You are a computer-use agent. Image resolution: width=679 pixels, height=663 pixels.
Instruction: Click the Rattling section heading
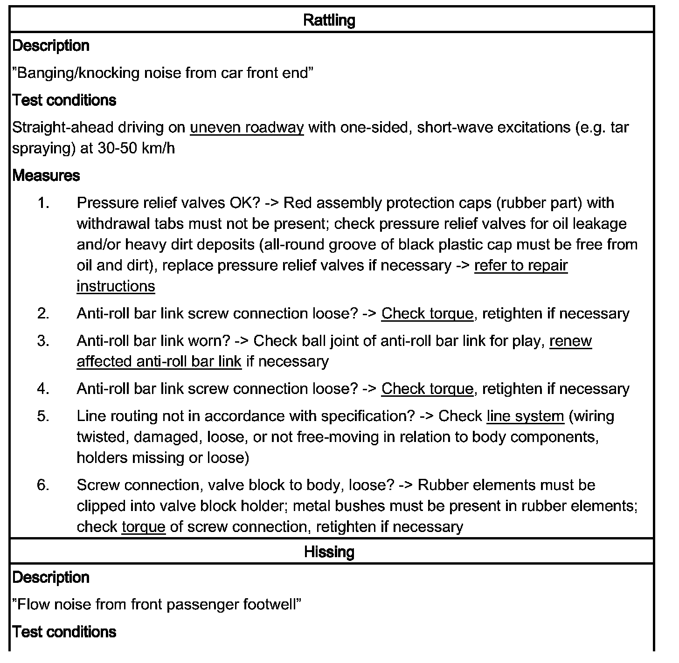tap(329, 20)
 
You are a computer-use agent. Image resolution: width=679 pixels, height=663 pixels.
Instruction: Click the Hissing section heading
tap(329, 552)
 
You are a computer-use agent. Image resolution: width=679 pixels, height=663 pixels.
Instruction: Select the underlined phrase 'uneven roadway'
tap(247, 128)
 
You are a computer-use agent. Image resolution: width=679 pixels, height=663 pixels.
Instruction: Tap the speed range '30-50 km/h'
tap(136, 149)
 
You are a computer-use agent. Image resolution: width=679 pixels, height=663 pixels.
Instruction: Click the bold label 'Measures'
tap(46, 176)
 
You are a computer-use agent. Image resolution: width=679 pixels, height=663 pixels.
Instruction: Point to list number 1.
tap(43, 203)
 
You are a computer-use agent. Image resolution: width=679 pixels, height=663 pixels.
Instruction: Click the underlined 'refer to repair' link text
tap(521, 265)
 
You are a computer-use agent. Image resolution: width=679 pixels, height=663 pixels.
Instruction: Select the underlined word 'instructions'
tap(116, 286)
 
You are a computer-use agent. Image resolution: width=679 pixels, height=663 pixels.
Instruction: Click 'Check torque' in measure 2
tap(427, 314)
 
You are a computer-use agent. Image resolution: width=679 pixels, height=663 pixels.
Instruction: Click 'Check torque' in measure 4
tap(427, 389)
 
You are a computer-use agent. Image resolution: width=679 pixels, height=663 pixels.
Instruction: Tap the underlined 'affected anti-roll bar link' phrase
tap(159, 362)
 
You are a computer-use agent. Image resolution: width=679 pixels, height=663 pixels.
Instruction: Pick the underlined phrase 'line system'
tap(525, 416)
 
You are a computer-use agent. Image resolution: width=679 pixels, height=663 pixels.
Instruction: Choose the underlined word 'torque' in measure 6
tap(144, 527)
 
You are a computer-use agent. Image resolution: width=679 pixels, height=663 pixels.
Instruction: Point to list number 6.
tap(43, 485)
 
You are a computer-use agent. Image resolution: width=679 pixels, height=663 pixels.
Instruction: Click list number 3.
tap(43, 341)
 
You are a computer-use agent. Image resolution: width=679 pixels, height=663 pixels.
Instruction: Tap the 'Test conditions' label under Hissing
tap(64, 632)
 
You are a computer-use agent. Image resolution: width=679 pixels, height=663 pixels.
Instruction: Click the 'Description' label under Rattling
tap(51, 46)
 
